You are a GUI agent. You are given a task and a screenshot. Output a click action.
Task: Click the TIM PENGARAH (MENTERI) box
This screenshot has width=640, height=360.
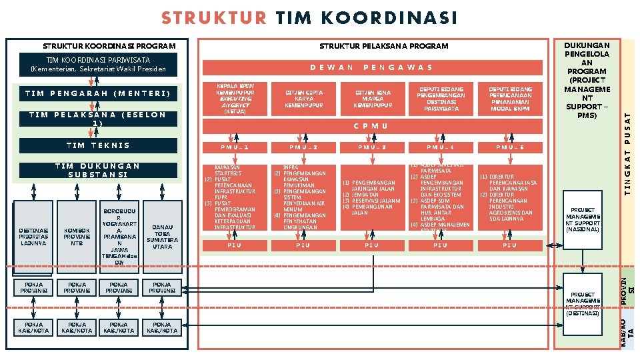100,93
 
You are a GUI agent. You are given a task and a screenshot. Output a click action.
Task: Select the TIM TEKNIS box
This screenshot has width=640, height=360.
100,145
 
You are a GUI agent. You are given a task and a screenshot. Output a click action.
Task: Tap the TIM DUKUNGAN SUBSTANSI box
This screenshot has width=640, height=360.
100,170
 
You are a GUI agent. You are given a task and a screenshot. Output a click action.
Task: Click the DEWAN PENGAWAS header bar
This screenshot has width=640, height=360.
371,67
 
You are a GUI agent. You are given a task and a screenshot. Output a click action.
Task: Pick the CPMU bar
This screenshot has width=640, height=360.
371,126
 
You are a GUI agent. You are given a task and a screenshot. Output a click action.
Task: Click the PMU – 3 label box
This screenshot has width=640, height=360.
371,147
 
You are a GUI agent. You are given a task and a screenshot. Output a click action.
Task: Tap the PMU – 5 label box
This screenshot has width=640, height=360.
509,147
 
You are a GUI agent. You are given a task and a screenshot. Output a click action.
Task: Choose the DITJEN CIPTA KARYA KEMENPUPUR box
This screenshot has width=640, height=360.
303,99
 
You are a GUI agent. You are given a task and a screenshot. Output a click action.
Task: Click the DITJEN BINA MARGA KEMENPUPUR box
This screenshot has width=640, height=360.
371,99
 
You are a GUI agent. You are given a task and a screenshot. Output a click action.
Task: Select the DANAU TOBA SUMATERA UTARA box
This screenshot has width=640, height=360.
162,236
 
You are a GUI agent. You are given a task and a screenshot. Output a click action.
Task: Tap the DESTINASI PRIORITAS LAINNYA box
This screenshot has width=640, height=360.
33,237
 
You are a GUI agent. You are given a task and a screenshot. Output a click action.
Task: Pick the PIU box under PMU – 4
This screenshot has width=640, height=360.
440,245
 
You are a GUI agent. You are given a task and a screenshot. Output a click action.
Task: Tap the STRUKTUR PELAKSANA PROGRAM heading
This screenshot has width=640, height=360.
383,47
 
